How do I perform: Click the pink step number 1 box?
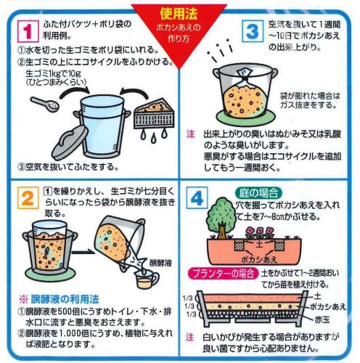click(28, 31)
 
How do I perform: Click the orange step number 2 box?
click(28, 198)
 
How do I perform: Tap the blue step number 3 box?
click(253, 31)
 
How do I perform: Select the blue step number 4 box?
click(197, 198)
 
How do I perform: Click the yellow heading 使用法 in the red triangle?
click(179, 14)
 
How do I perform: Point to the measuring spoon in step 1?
click(44, 105)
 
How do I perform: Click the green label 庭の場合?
click(259, 194)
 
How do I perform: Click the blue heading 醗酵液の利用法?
click(65, 299)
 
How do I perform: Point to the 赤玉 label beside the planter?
click(322, 319)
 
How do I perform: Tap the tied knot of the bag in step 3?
click(245, 78)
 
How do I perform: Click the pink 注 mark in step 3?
click(190, 134)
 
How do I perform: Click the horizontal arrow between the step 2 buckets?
click(84, 253)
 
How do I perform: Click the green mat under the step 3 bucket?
click(246, 118)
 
